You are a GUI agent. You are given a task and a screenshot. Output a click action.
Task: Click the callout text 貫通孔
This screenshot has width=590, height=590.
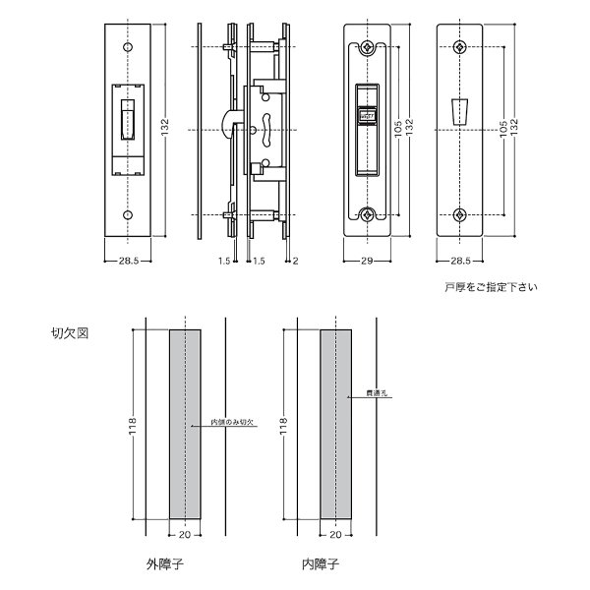click(x=378, y=394)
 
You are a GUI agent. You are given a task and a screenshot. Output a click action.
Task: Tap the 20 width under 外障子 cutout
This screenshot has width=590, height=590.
click(x=185, y=536)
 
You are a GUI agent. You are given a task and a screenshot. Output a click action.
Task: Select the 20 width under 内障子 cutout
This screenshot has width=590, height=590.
click(x=336, y=536)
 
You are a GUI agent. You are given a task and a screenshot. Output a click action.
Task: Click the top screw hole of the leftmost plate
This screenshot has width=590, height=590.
click(x=127, y=46)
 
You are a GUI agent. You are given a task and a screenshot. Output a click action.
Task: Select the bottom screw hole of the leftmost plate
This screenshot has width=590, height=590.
click(x=127, y=214)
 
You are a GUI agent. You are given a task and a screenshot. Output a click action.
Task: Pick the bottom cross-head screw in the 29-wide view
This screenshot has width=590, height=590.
click(x=368, y=215)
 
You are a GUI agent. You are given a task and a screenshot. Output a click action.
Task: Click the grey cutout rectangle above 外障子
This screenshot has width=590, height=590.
click(x=185, y=424)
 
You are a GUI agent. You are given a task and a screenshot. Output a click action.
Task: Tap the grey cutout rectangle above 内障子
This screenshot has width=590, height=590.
click(x=336, y=424)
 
